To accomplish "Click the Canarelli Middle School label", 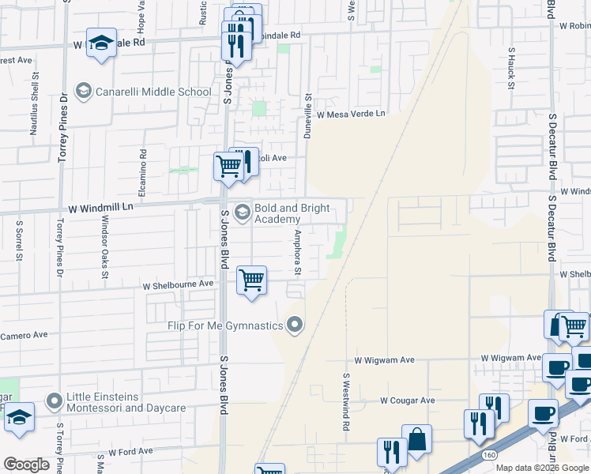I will [153, 92].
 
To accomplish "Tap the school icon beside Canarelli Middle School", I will [82, 92].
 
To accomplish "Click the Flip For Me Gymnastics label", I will [225, 325].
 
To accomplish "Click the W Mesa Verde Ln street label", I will [351, 114].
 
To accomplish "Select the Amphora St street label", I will [298, 253].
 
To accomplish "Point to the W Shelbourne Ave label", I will [178, 284].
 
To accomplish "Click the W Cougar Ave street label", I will [407, 401].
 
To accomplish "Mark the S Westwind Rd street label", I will [346, 401].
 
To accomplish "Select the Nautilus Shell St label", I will [35, 103].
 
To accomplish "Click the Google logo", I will [26, 465].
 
